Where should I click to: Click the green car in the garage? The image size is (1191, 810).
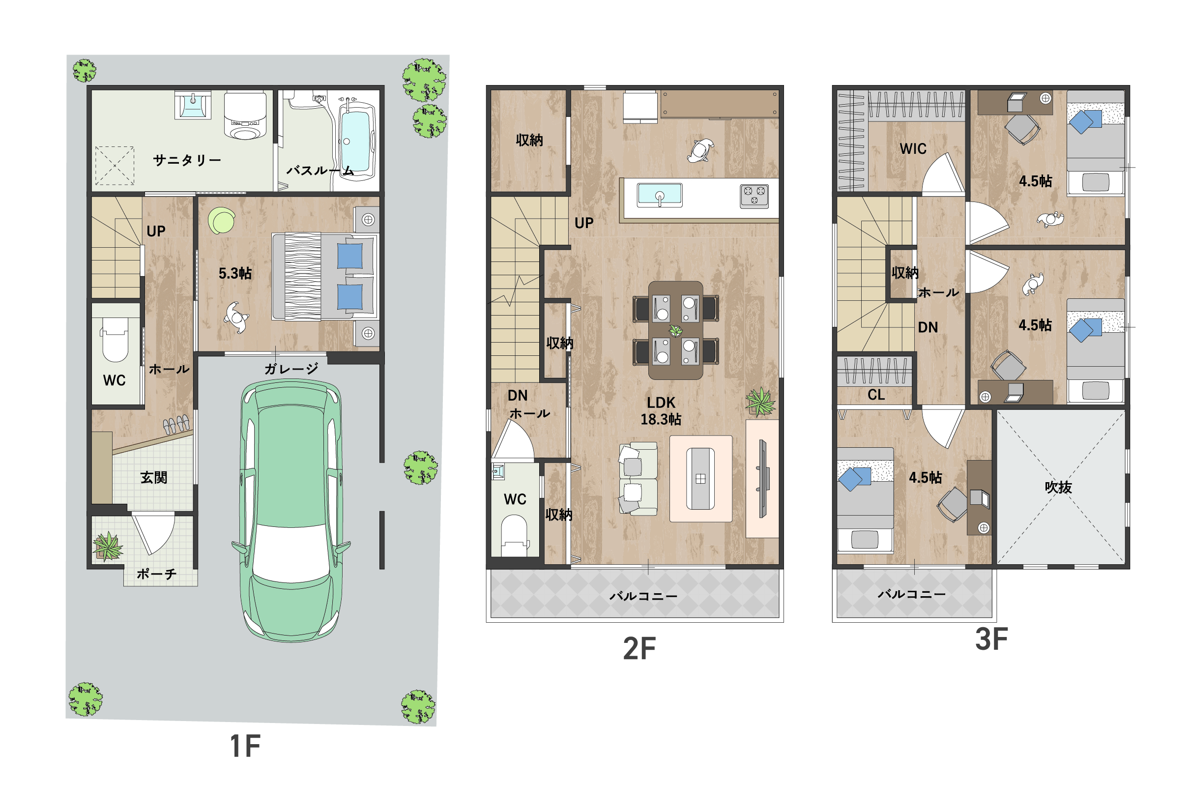[x=290, y=510]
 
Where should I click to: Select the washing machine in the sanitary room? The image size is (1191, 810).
[x=245, y=116]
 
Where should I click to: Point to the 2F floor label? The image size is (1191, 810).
[x=639, y=649]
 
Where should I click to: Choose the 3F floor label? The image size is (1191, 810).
[x=991, y=639]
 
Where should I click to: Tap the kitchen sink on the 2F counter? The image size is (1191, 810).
[x=660, y=195]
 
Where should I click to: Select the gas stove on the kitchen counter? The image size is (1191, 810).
[x=755, y=196]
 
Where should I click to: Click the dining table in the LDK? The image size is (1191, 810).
[x=675, y=330]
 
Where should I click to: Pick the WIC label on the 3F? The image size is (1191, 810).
[x=913, y=148]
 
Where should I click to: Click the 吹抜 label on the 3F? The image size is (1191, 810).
[x=1058, y=487]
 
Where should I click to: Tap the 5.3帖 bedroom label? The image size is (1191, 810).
[x=235, y=273]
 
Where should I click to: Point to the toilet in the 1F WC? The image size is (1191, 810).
[x=115, y=340]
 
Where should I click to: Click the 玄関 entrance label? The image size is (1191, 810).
[x=154, y=477]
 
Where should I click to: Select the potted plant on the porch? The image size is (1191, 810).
[x=108, y=546]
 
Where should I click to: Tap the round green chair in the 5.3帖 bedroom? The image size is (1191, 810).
[x=221, y=220]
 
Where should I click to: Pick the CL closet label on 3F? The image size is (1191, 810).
[x=876, y=395]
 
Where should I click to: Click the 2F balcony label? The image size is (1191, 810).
[x=643, y=596]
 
